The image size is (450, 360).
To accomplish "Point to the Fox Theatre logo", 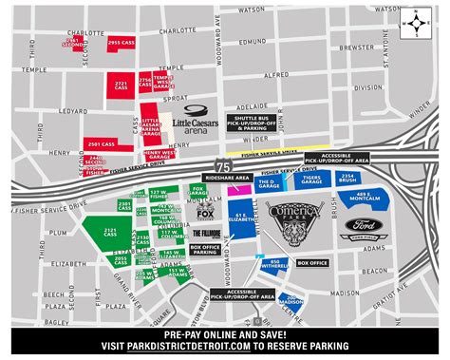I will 205,213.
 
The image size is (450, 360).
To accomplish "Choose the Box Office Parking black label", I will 205,251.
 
